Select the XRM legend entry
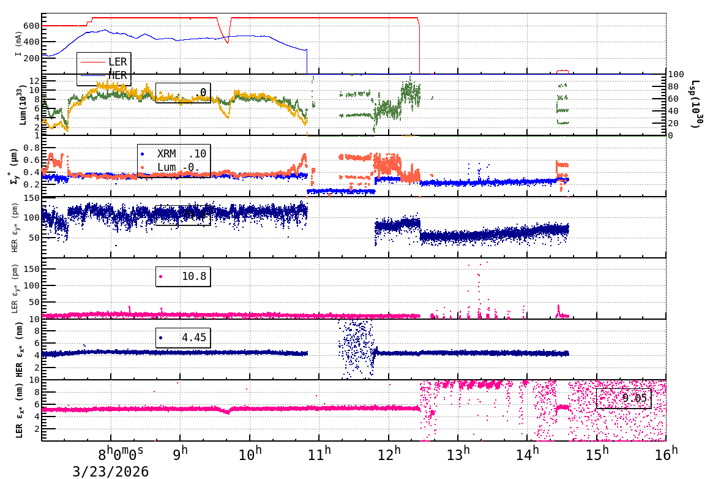[x=166, y=154]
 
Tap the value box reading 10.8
[x=183, y=276]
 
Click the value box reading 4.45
[x=183, y=338]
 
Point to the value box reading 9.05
[x=624, y=399]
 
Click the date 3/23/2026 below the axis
[x=110, y=471]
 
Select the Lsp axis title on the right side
[x=695, y=104]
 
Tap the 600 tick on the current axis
[x=32, y=26]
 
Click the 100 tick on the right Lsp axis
[x=675, y=74]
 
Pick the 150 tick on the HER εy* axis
[x=32, y=198]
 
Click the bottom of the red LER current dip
[x=227, y=42]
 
